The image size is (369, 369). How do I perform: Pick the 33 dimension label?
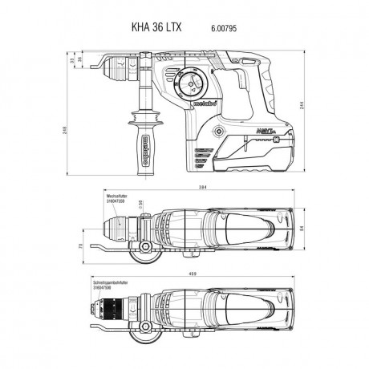pyautogui.click(x=71, y=59)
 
